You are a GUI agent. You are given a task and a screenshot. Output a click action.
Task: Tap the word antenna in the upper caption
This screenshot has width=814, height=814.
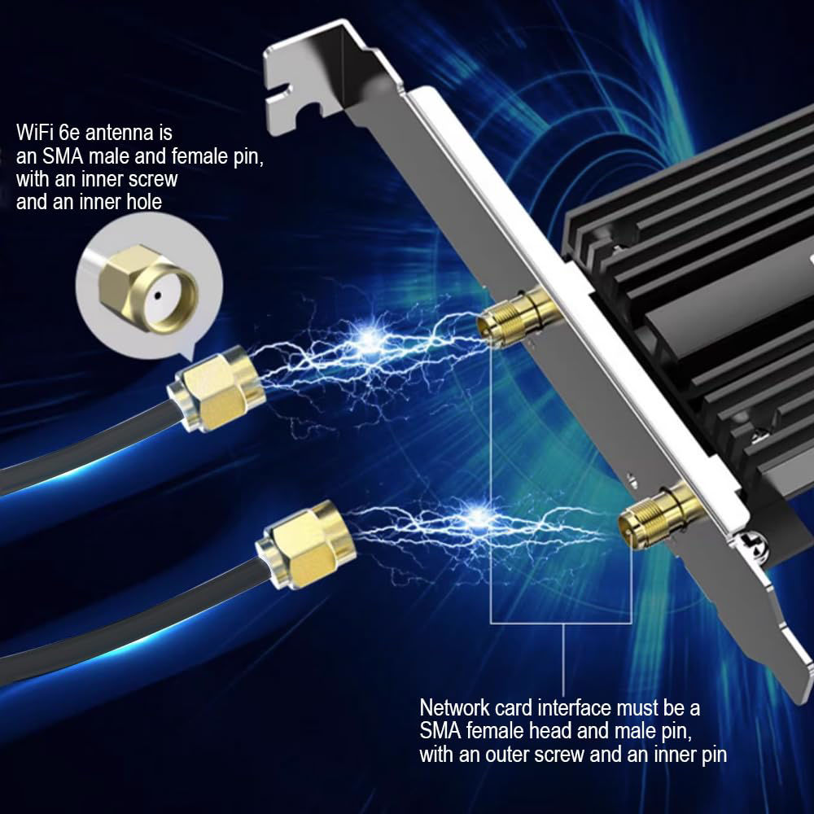pyautogui.click(x=119, y=133)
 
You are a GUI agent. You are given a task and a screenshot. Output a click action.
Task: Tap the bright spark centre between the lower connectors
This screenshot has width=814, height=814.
pyautogui.click(x=478, y=515)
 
